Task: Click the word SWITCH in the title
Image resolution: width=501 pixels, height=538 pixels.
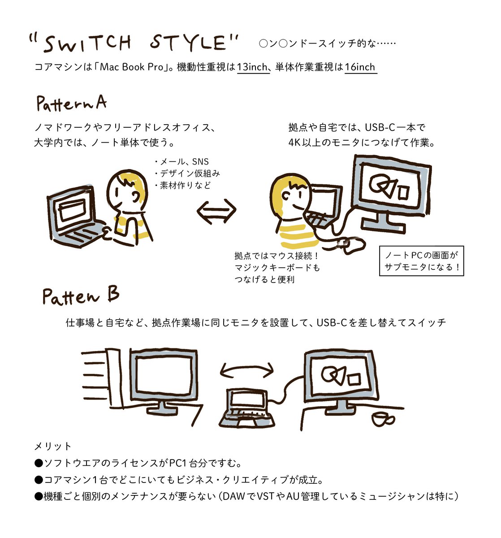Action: pos(88,43)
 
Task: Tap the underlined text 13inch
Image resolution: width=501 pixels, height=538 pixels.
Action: pos(252,67)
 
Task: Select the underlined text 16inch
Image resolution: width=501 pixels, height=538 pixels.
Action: pos(360,67)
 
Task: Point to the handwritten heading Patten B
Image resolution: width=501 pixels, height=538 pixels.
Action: pos(81,296)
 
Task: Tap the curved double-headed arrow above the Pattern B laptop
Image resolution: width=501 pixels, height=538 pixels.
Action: pos(247,370)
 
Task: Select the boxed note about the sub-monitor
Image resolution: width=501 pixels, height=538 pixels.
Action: pos(421,261)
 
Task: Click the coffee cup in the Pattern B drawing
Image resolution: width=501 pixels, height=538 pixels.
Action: pos(381,419)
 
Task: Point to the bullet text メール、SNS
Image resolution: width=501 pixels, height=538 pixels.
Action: pos(181,162)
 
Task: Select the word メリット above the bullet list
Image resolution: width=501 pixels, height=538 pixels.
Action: pos(53,446)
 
